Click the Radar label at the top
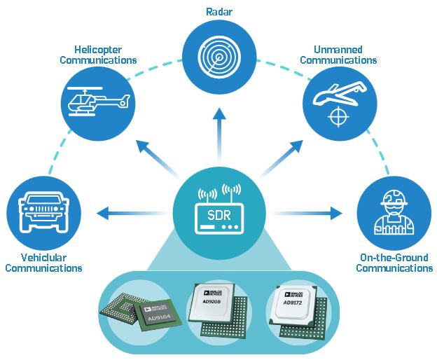[218, 12]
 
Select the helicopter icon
[99, 102]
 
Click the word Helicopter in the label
[98, 50]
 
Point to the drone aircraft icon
[340, 93]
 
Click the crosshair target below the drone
[338, 116]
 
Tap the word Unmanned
[338, 50]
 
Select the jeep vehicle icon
[43, 211]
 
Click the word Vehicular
[43, 258]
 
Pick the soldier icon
[394, 212]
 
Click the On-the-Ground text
[394, 258]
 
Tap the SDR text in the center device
[219, 215]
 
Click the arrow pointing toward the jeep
[131, 214]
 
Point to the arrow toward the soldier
[307, 213]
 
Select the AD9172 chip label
[293, 303]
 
